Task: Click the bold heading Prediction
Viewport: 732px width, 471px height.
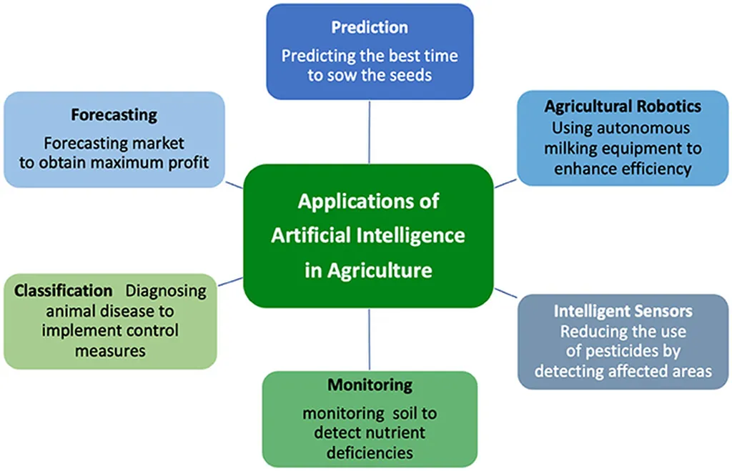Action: tap(370, 28)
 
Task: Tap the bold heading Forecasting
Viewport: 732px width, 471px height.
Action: tap(114, 115)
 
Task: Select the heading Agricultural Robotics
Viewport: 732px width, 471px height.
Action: tap(623, 106)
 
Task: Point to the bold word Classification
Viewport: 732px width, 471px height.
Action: tap(63, 291)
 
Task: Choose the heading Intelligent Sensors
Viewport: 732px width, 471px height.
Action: tap(623, 311)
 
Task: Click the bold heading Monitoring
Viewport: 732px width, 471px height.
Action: tap(370, 385)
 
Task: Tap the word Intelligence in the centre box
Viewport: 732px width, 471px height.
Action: tap(410, 235)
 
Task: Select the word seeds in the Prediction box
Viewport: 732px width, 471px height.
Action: tap(412, 75)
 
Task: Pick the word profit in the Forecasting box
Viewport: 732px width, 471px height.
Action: tap(189, 162)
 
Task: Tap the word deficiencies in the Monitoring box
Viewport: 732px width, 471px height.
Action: tap(370, 453)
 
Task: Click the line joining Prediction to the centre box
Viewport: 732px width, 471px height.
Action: tap(370, 132)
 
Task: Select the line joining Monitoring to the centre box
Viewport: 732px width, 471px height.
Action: tap(370, 339)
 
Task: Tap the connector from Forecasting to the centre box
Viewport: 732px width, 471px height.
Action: tap(234, 185)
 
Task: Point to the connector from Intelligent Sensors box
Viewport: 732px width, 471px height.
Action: tap(505, 293)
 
